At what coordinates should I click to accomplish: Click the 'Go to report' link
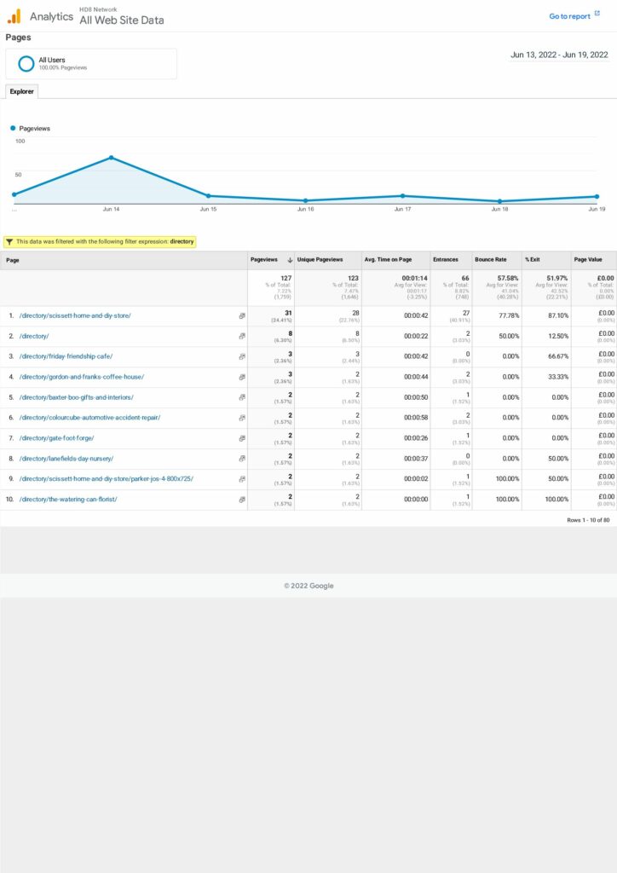(x=569, y=16)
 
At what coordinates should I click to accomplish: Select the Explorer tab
(x=21, y=91)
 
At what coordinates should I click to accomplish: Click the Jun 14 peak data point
(x=111, y=158)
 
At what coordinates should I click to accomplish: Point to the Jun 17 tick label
(x=402, y=209)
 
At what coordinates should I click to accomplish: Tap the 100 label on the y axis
(x=20, y=141)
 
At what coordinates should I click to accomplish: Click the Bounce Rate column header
(x=490, y=259)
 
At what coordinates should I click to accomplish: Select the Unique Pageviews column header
(x=320, y=259)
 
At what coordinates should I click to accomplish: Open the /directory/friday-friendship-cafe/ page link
(x=66, y=356)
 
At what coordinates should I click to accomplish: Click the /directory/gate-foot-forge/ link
(x=56, y=438)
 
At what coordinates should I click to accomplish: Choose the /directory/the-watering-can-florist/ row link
(x=68, y=500)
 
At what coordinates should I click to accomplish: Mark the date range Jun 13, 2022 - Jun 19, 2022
(x=559, y=55)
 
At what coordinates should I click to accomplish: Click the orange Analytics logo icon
(x=14, y=15)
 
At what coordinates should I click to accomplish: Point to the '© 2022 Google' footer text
(x=308, y=586)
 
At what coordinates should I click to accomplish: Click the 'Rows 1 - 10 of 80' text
(x=588, y=520)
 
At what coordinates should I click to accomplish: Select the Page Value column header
(x=588, y=259)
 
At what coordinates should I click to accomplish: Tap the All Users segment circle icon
(x=26, y=63)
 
